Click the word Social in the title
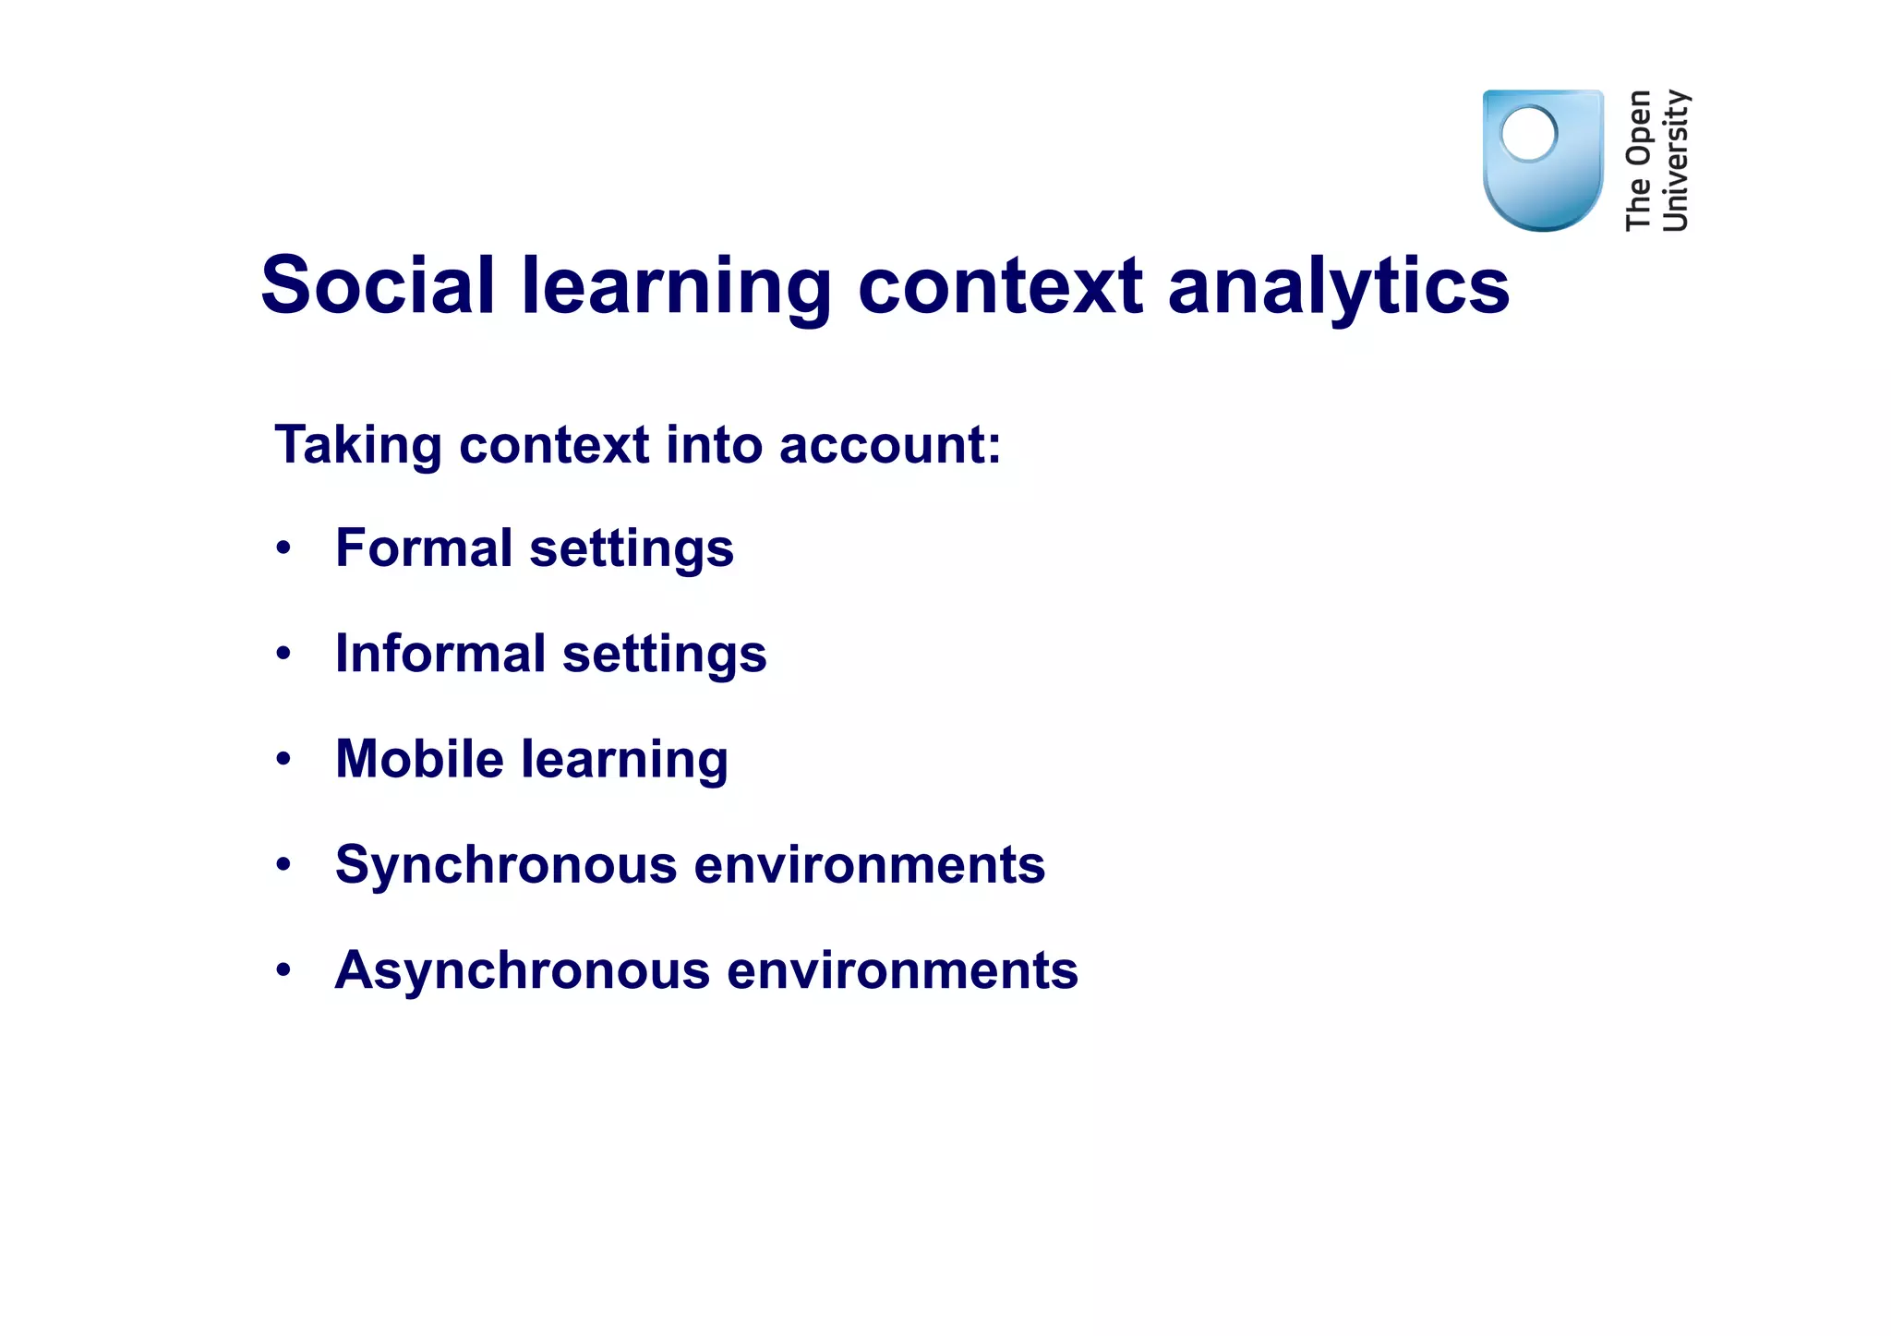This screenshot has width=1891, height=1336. tap(379, 285)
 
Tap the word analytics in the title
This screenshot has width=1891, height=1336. tap(1338, 287)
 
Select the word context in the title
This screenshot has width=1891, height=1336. tap(1000, 285)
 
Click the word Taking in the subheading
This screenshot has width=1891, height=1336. tap(358, 446)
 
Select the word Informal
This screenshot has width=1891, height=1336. tap(440, 654)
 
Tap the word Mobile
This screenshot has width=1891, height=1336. tap(419, 759)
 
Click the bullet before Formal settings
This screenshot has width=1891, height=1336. tap(283, 548)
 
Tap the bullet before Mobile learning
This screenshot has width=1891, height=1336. tap(283, 760)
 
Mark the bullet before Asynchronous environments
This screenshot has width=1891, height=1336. tap(283, 970)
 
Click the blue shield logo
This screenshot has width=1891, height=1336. tap(1542, 185)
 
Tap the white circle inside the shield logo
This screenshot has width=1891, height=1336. tap(1529, 134)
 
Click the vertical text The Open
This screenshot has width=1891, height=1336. tap(1639, 160)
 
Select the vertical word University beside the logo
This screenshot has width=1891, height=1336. tap(1675, 160)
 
